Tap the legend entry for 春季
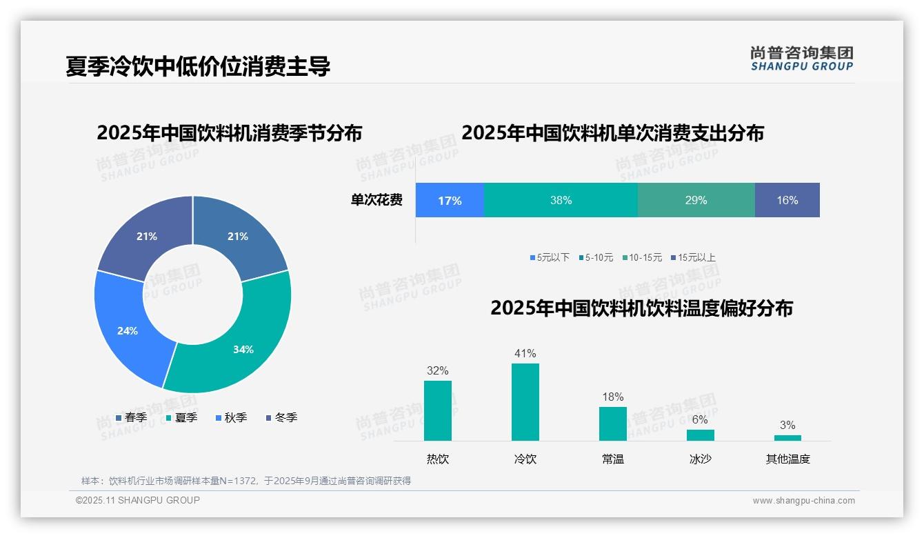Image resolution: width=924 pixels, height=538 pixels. point(131,417)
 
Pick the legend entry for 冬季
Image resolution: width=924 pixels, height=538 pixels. point(281,417)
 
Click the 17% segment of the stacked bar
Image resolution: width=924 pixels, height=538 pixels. point(450,201)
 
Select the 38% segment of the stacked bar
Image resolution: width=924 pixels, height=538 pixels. point(561,201)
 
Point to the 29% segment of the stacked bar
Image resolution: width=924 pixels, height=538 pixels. point(696,201)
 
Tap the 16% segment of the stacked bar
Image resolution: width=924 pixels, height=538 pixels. point(787,201)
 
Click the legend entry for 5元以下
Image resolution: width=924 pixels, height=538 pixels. point(550,257)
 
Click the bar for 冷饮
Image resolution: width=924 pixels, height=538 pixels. point(525,402)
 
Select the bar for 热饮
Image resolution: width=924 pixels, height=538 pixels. point(437,410)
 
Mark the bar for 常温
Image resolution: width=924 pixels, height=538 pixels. point(612,424)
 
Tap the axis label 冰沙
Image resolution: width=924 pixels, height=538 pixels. point(700,459)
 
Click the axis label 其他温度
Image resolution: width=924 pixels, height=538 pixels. point(787,459)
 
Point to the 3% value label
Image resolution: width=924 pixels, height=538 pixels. point(787,425)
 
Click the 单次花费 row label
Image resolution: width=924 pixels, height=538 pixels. point(376,201)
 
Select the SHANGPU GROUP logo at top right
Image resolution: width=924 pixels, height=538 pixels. point(801,59)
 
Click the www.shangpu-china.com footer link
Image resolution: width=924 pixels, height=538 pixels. point(803,501)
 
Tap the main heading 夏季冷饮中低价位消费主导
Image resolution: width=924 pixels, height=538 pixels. point(198,66)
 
